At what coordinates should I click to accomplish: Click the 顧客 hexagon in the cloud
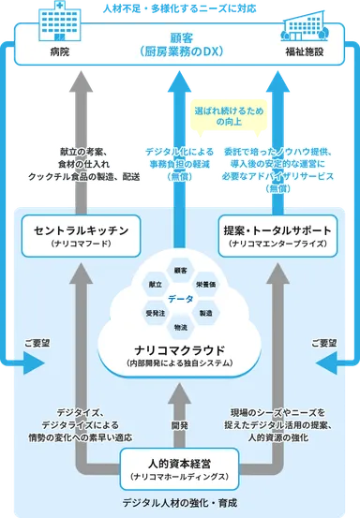point(180,270)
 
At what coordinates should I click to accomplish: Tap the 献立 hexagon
point(155,282)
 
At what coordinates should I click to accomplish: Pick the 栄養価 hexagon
point(205,282)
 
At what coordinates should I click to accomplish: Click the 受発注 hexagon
point(155,312)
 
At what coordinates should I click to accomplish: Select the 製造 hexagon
point(205,312)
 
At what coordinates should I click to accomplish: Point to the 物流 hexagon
point(180,326)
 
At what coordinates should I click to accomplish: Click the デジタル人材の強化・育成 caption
point(180,504)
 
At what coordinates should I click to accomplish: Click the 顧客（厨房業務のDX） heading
point(180,43)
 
